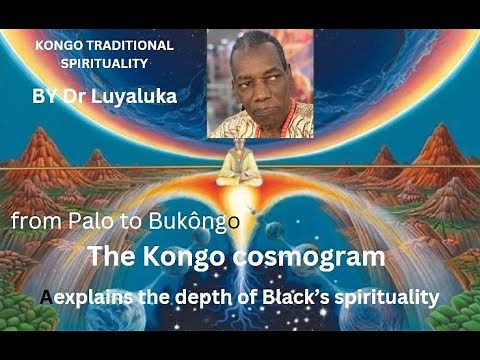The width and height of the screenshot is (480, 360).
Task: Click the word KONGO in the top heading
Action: (61, 46)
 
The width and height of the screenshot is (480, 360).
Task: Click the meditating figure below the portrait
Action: (237, 165)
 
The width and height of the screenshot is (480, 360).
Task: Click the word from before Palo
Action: (35, 221)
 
